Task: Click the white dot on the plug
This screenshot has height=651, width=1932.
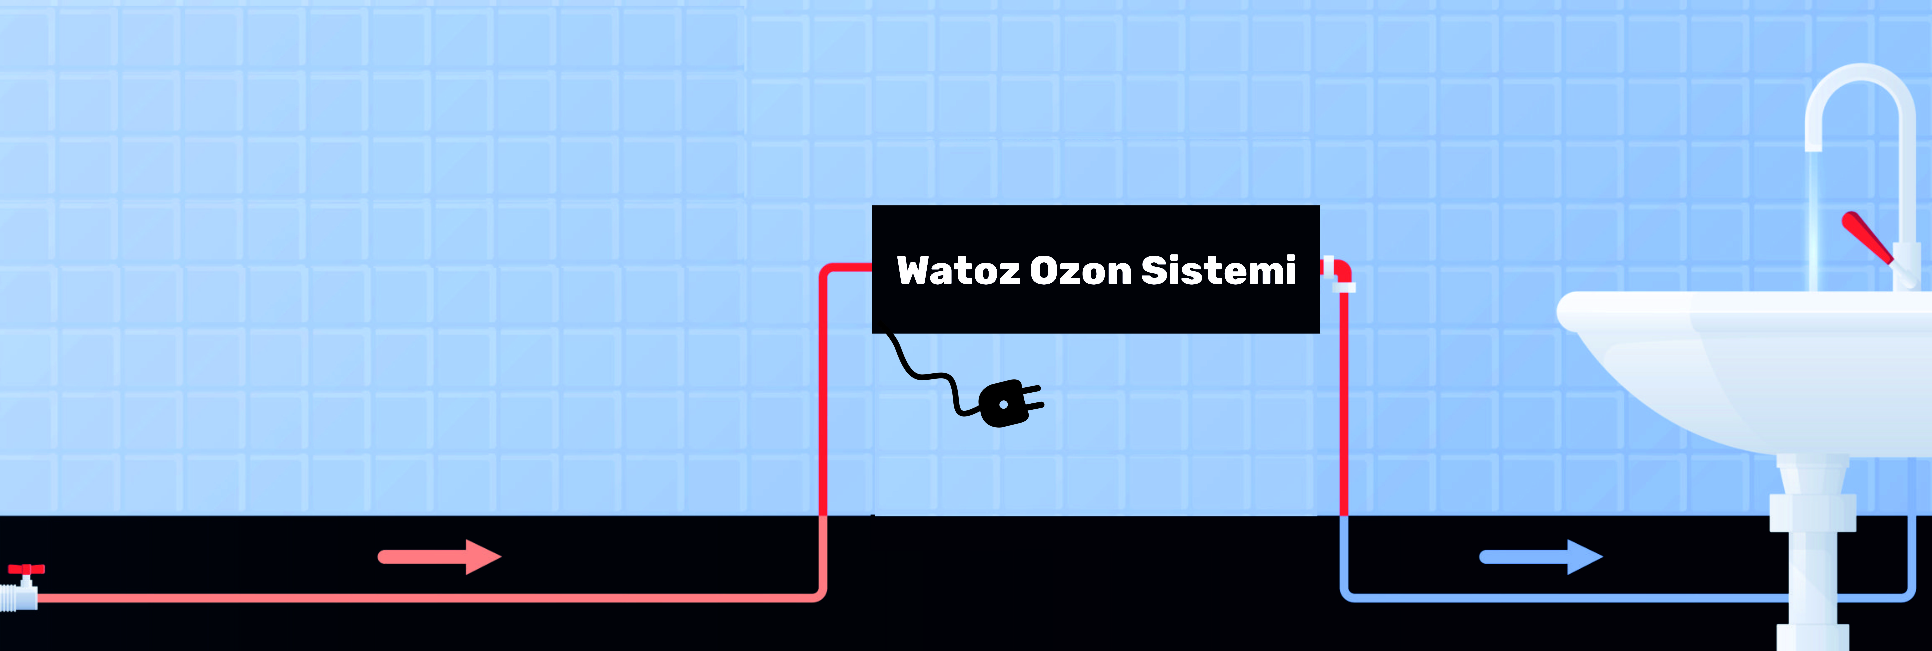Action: tap(1003, 404)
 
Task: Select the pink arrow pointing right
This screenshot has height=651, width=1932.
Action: tap(440, 556)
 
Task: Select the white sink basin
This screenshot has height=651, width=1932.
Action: tap(1748, 367)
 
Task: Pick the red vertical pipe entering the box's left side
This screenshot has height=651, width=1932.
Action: tap(823, 390)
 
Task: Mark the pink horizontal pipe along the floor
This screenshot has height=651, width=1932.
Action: tap(428, 598)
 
